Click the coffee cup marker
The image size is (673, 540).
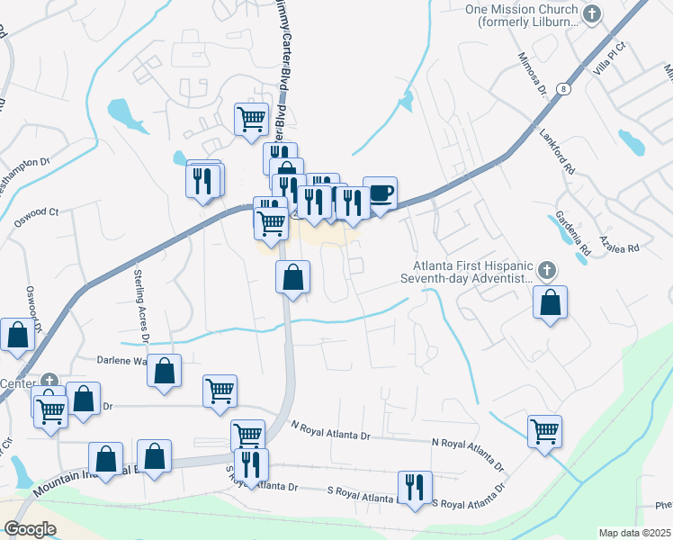click(380, 193)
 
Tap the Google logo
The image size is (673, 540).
click(30, 529)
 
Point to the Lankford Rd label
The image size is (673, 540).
click(555, 148)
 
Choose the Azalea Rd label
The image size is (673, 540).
click(621, 247)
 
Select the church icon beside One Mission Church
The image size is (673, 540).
click(591, 13)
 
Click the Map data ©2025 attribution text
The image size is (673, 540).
click(635, 533)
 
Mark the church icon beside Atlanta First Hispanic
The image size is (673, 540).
click(545, 269)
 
